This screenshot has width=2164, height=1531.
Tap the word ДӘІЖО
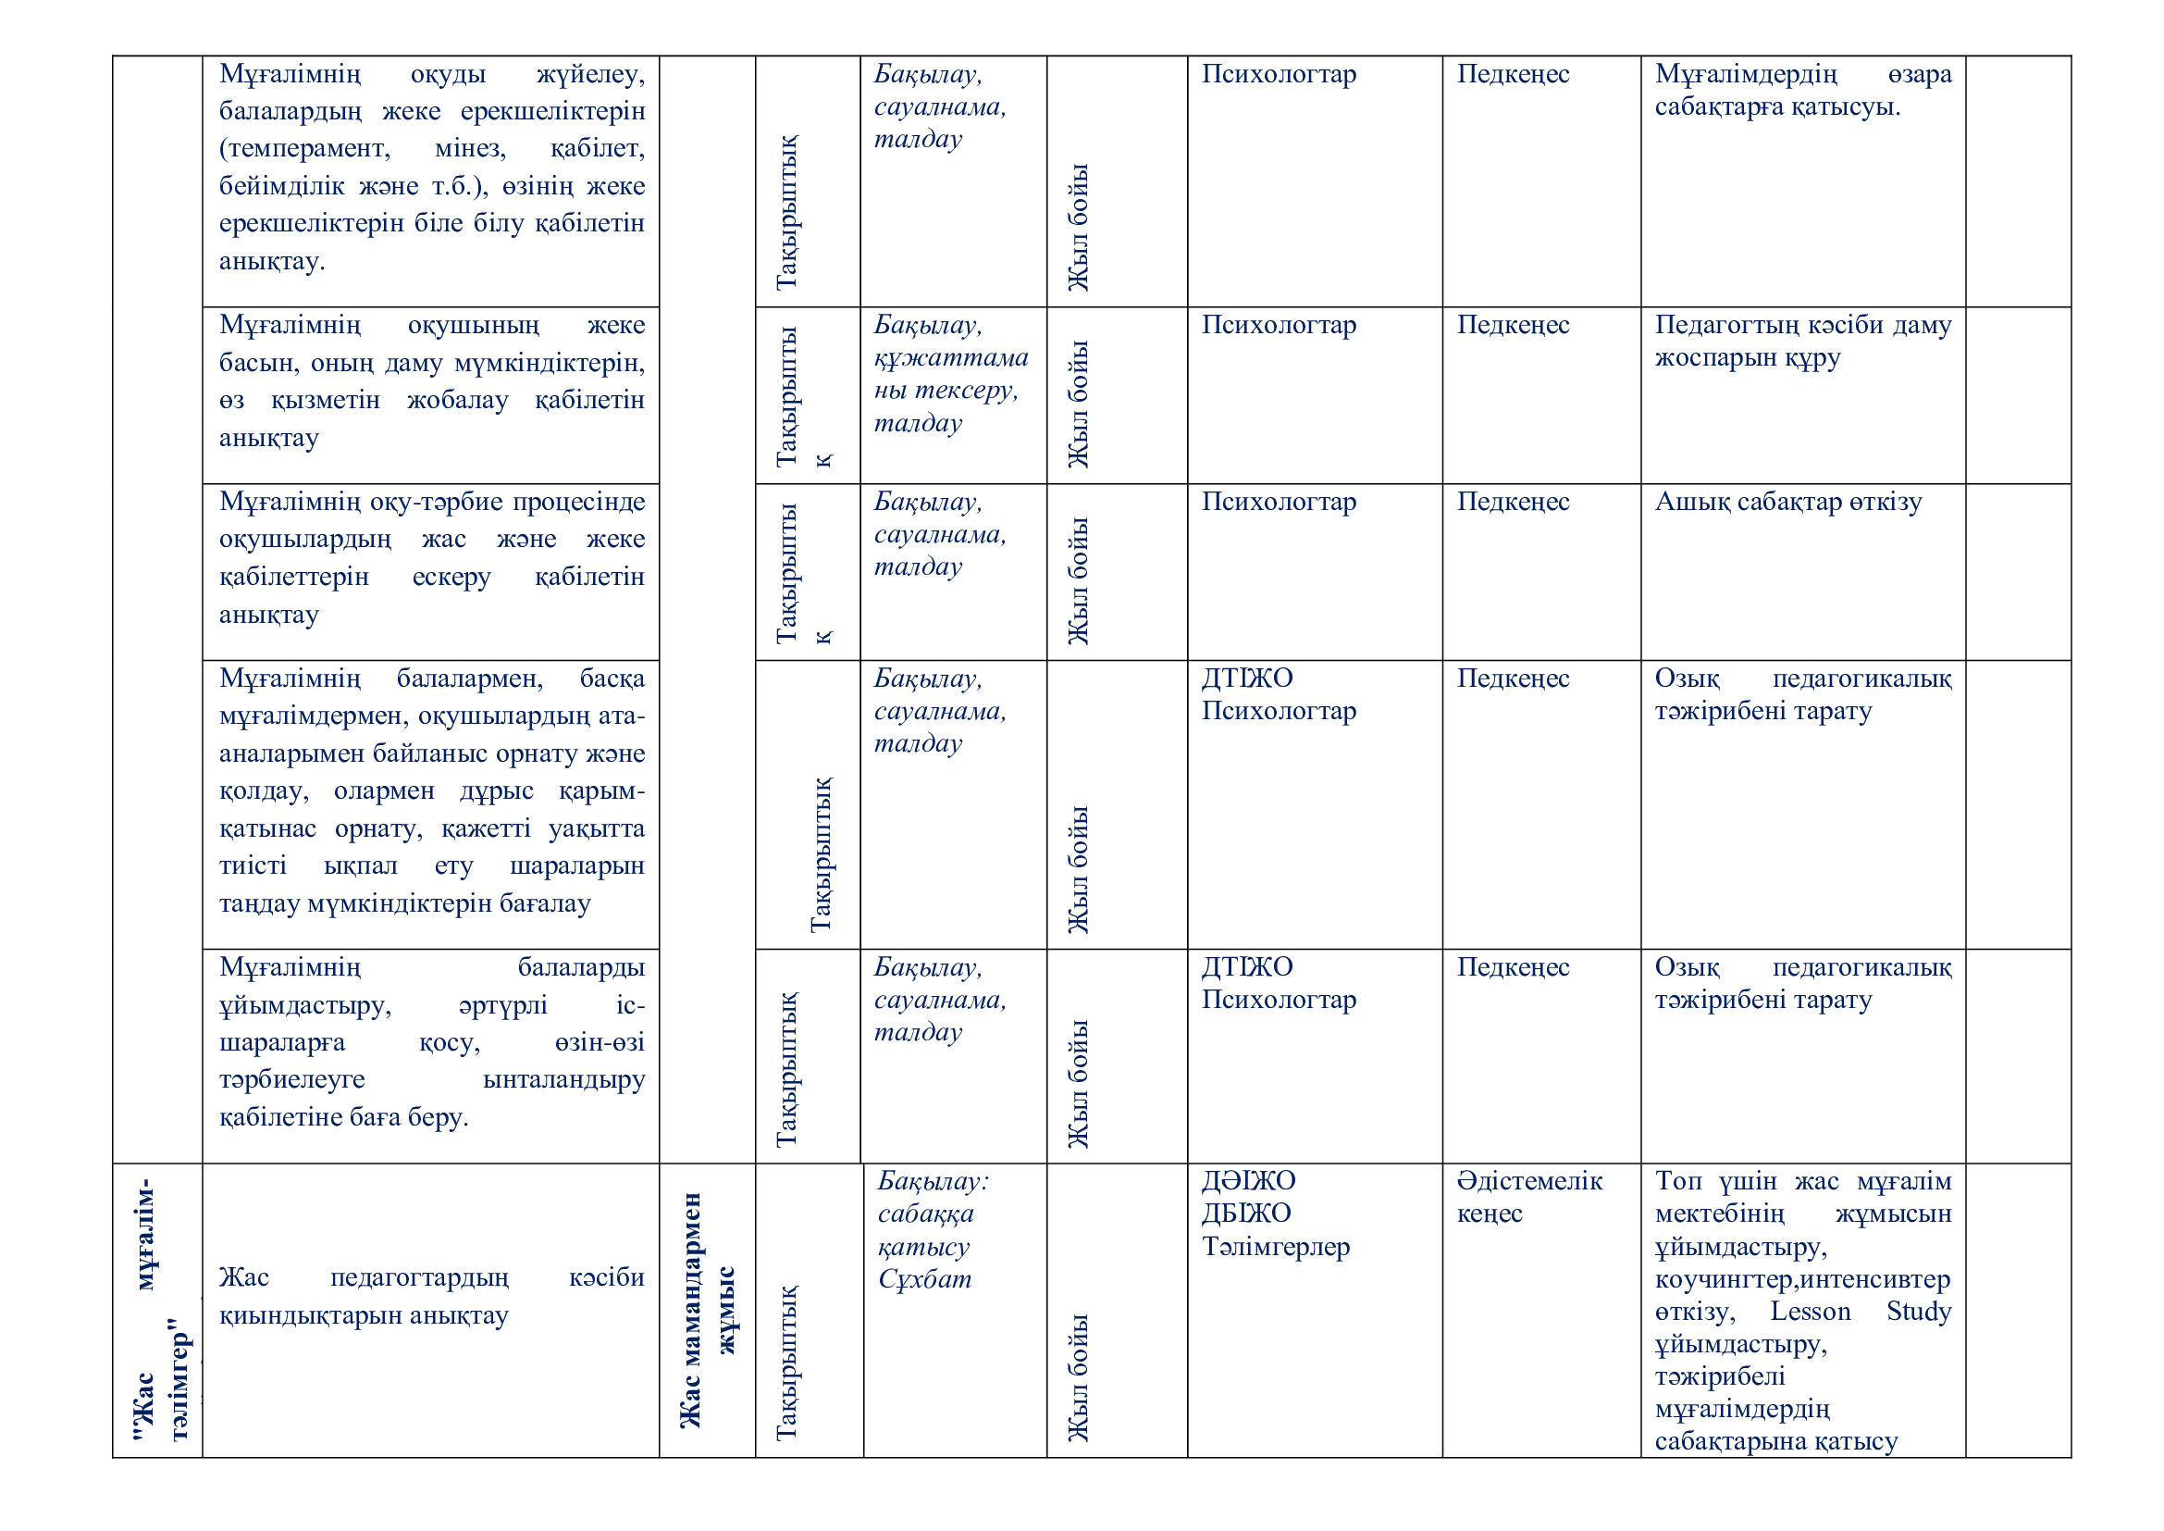1248,1180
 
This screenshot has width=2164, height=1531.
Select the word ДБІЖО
1246,1214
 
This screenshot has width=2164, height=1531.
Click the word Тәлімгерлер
1275,1246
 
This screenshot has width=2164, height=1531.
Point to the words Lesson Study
1860,1312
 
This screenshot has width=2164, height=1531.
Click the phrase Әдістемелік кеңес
1528,1196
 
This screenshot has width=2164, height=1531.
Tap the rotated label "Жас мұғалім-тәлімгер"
161,1311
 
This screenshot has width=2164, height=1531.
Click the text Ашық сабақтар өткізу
1788,502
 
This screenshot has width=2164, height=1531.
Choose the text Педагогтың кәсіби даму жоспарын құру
1802,342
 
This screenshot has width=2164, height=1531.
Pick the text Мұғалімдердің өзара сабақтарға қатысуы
1802,91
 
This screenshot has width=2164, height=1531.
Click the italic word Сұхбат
923,1279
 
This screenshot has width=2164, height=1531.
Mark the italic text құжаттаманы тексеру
950,373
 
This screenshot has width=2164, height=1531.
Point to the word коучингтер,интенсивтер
1802,1279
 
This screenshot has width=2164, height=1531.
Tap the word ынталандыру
563,1079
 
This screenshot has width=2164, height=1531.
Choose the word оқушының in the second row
473,325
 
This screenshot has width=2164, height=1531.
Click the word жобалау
457,400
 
